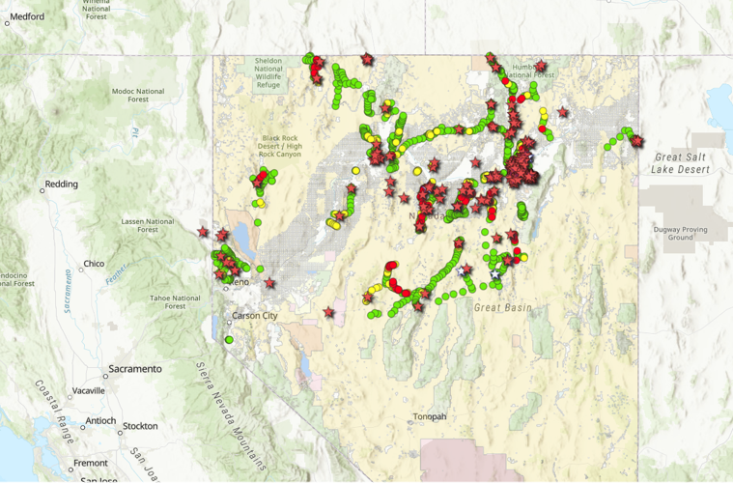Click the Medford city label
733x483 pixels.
(x=27, y=16)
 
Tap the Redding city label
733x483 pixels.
(x=61, y=184)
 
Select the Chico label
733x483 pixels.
(x=94, y=264)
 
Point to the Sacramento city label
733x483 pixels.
(x=134, y=369)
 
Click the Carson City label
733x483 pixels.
(x=254, y=316)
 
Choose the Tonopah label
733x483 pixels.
(x=429, y=416)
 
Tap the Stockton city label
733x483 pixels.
(x=140, y=426)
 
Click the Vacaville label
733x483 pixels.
(x=87, y=391)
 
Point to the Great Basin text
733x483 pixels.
(x=502, y=308)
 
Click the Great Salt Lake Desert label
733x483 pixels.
(x=682, y=163)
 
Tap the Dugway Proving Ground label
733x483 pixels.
(x=681, y=233)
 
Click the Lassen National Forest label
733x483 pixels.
(x=147, y=225)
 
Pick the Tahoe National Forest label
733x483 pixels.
(x=174, y=302)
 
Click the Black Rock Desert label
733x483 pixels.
(x=282, y=145)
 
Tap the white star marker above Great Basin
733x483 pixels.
(x=495, y=275)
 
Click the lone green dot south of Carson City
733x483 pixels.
(x=229, y=340)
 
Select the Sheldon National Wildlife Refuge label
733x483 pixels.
(x=268, y=72)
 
